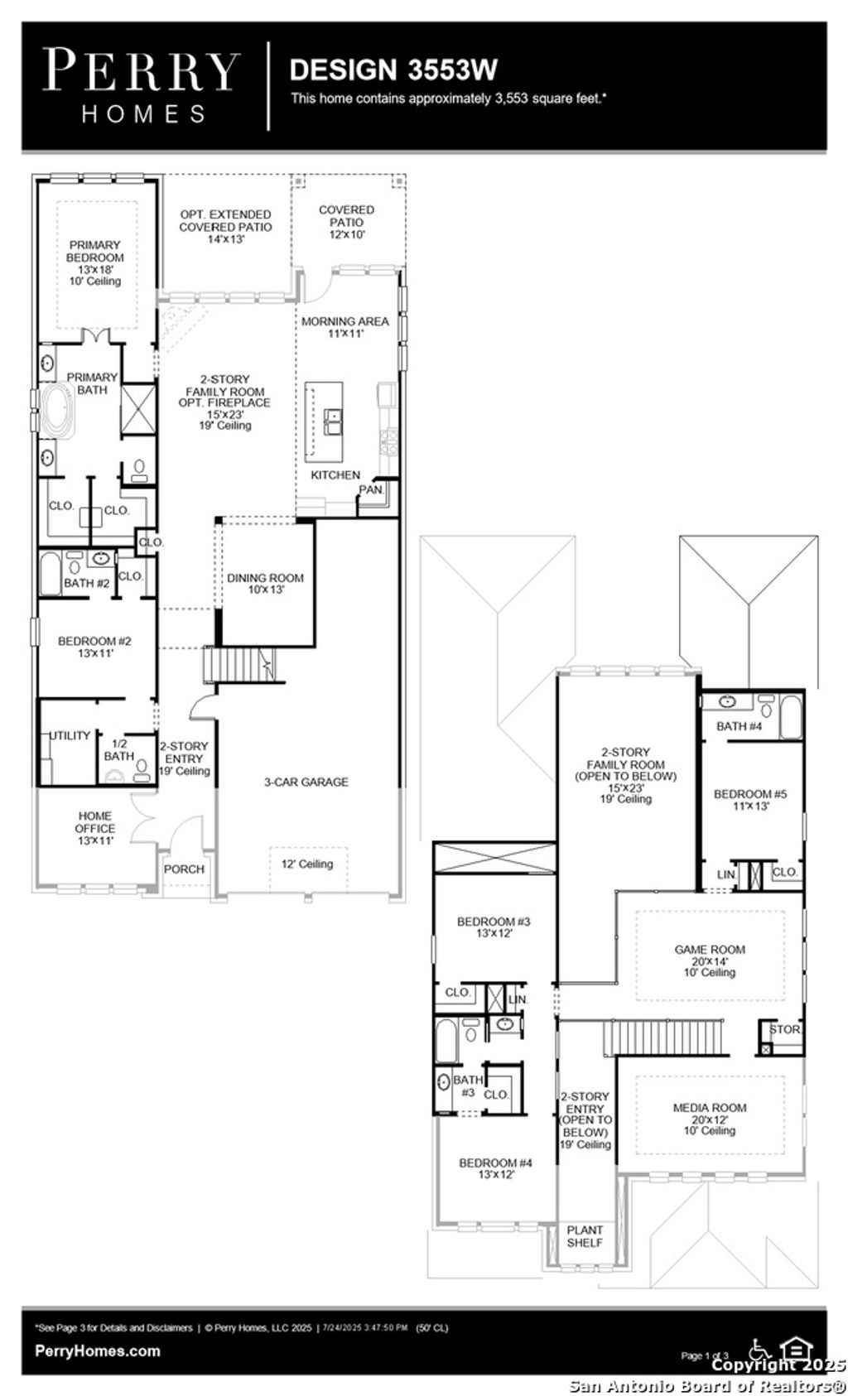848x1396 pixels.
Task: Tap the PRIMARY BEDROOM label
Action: pos(94,251)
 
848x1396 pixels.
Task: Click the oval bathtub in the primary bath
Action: pos(58,410)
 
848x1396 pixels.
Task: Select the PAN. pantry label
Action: pos(370,489)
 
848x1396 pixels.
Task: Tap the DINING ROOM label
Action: pos(265,578)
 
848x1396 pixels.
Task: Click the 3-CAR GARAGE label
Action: pos(306,782)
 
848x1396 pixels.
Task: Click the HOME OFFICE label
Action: pos(95,821)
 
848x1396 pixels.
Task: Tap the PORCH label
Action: pos(184,869)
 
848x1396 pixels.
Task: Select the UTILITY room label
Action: pos(70,735)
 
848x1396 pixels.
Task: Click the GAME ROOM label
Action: pos(710,950)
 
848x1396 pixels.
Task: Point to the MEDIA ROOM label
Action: pos(710,1107)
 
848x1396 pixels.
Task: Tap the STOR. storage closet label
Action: pos(783,1029)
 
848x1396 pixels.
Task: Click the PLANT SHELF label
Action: pos(585,1236)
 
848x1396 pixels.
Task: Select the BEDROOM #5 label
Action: pos(749,794)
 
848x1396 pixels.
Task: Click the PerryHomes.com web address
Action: pos(98,1350)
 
